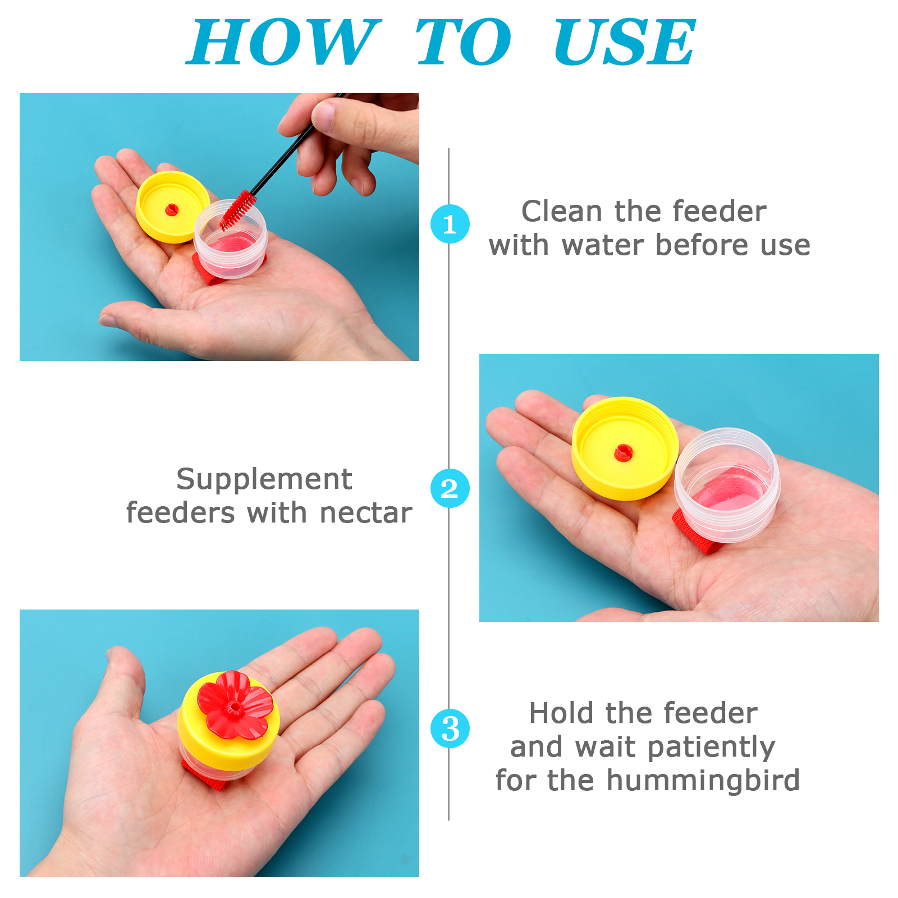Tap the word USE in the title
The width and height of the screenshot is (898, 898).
625,42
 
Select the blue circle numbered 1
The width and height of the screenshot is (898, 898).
450,224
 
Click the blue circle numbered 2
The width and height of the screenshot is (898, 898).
450,488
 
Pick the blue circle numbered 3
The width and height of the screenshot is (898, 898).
450,729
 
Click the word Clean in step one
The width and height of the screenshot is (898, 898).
562,212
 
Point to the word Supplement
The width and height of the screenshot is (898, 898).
264,480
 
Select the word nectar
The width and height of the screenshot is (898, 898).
366,513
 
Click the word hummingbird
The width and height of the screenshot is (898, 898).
703,780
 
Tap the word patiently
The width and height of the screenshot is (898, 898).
711,748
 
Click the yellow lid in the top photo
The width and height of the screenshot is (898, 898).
172,207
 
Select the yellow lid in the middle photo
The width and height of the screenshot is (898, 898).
625,448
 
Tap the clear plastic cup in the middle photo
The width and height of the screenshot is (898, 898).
727,485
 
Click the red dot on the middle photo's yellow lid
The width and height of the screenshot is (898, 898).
623,452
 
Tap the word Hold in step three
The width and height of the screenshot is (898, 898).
561,713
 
